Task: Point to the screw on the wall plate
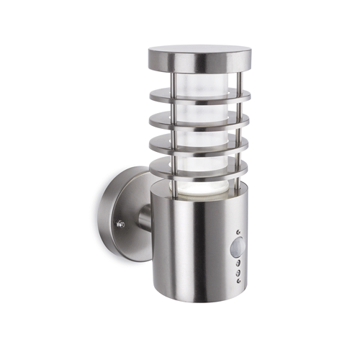tap(120, 225)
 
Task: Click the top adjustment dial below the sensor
tap(237, 265)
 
